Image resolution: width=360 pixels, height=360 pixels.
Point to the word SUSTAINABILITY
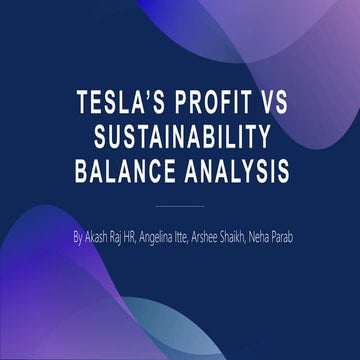[x=181, y=138]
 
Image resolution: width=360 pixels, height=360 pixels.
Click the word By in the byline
[x=80, y=239]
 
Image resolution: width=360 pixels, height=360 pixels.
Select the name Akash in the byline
[x=104, y=239]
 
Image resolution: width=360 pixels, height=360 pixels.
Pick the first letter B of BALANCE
[x=83, y=172]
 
